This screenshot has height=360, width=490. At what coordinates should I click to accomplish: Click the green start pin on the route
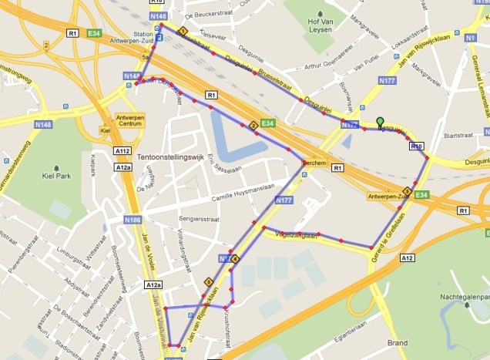[x=379, y=122]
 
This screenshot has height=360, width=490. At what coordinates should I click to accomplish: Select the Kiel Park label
[x=58, y=175]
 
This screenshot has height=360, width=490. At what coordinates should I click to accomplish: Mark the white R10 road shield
[x=417, y=146]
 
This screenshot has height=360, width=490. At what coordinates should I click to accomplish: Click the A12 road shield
[x=408, y=258]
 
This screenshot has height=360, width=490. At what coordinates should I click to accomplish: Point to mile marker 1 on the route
[x=183, y=32]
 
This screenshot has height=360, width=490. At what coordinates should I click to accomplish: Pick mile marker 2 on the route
[x=252, y=126]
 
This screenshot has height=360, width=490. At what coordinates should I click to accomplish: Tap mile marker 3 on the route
[x=208, y=282]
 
